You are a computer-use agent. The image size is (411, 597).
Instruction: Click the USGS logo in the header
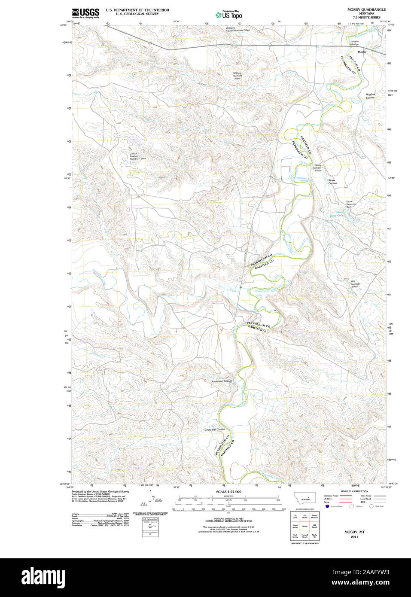point(85,13)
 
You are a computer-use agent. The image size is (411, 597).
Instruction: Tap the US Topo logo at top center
point(228,15)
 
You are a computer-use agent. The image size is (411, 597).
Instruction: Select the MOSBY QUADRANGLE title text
point(366,9)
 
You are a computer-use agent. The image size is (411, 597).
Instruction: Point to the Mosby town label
point(362,52)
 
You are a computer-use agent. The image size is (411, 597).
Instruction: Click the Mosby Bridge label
point(355,43)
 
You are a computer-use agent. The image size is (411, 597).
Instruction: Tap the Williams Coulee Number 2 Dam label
point(238,29)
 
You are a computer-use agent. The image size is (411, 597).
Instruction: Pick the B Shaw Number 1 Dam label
point(237,76)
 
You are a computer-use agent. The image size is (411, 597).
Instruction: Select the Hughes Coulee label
point(370,96)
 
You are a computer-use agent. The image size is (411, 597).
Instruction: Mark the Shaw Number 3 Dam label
point(317,168)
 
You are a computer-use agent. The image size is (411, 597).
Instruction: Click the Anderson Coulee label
point(222,381)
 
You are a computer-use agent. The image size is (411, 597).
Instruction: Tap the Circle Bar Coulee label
point(214,429)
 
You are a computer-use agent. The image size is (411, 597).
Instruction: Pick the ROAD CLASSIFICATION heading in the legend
point(354,491)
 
